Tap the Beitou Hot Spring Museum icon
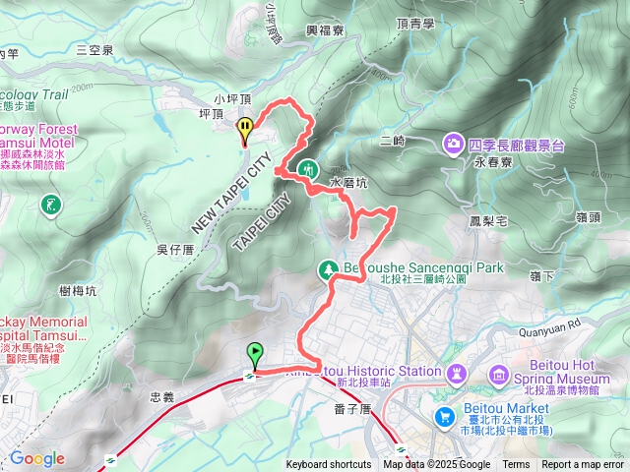(498, 376)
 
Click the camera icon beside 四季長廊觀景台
(453, 144)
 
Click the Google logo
(36, 458)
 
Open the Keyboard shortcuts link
(329, 465)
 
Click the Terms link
(516, 465)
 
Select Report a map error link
(584, 465)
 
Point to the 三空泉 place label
(95, 48)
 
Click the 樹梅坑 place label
(78, 290)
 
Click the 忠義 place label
(161, 397)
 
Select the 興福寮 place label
(324, 30)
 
